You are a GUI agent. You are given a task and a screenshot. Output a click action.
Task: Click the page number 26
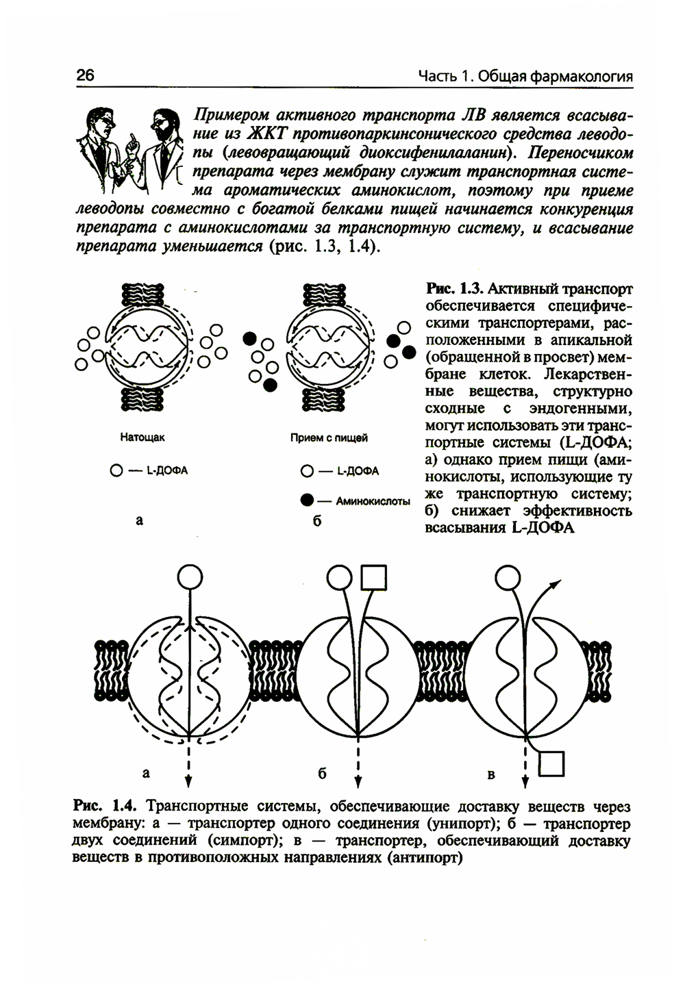[x=85, y=75]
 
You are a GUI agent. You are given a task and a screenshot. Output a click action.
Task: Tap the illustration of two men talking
[x=129, y=147]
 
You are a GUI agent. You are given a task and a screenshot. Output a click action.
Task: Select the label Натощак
[x=142, y=436]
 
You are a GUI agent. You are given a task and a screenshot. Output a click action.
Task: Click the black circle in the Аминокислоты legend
[x=307, y=500]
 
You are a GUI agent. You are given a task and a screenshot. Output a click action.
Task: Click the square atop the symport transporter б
[x=373, y=578]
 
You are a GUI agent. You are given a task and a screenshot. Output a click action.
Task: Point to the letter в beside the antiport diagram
[x=490, y=775]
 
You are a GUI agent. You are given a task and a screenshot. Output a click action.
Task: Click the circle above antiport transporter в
[x=508, y=578]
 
